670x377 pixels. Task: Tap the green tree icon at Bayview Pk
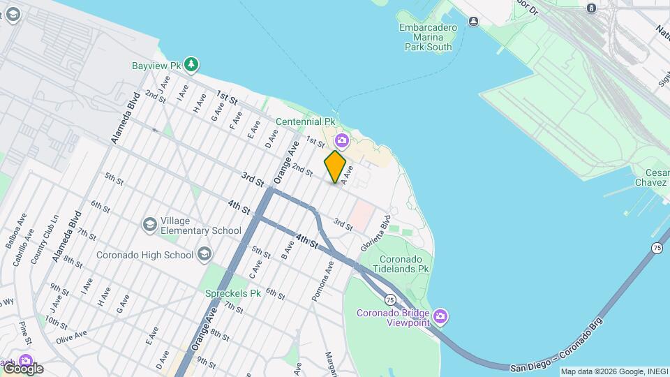192,66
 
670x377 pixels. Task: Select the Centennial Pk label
305,121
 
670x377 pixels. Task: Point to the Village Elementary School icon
149,225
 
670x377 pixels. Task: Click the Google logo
22,368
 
